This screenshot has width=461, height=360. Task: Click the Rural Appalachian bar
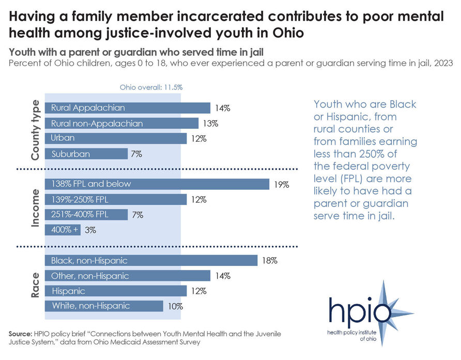(128, 108)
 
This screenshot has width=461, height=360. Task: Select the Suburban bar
(86, 154)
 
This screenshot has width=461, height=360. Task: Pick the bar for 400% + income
(63, 230)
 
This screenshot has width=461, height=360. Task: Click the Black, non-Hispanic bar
(151, 260)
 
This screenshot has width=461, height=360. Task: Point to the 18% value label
(270, 261)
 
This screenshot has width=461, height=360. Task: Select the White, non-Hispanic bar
(104, 306)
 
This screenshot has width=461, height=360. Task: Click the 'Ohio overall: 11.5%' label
(151, 87)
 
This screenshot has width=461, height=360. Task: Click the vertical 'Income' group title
(35, 207)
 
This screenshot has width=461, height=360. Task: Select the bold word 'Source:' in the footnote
(20, 335)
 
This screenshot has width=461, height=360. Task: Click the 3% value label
(90, 231)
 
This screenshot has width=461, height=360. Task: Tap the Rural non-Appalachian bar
(121, 124)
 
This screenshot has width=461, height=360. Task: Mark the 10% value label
(175, 306)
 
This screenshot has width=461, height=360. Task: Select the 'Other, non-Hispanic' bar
(128, 276)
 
